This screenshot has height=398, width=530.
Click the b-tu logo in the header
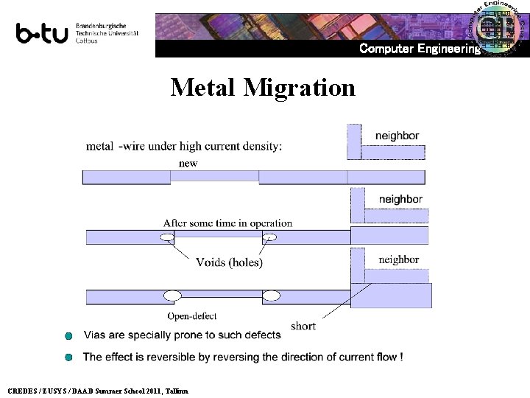[x=42, y=33]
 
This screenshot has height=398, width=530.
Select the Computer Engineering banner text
[x=419, y=49]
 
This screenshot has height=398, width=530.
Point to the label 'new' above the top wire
[x=188, y=163]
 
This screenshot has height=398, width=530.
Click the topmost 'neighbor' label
[x=397, y=136]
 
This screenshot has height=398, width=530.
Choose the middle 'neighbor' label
[x=400, y=199]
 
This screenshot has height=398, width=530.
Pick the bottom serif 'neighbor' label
[x=398, y=259]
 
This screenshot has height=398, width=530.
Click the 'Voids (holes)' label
[x=229, y=262]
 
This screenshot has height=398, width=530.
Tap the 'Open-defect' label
[x=191, y=316]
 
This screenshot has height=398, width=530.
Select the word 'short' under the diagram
[x=303, y=326]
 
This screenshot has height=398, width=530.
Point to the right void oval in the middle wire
[x=269, y=237]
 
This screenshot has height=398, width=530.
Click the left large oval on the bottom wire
[x=172, y=296]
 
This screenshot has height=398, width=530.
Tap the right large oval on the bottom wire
[x=272, y=296]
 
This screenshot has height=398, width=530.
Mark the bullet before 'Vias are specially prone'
[x=68, y=336]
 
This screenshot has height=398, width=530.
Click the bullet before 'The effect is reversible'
[x=68, y=357]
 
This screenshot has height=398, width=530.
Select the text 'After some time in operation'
[x=227, y=223]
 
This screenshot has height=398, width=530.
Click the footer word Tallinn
[x=177, y=391]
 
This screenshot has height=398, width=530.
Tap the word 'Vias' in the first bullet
[x=96, y=335]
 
